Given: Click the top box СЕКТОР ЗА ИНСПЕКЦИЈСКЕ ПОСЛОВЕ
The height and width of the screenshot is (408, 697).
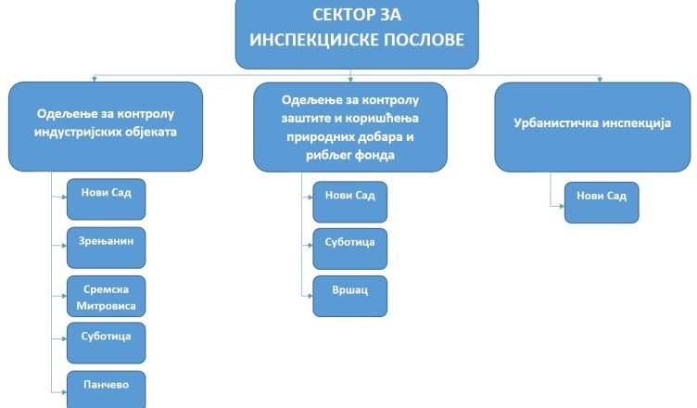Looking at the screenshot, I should [x=357, y=33].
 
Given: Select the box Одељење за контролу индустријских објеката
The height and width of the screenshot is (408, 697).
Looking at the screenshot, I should [x=106, y=126].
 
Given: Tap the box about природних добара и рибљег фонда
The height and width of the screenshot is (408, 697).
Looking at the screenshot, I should [x=349, y=126].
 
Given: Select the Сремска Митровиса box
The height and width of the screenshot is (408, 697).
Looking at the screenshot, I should [x=107, y=296].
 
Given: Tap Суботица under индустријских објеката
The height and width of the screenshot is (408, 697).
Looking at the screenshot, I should [x=107, y=342].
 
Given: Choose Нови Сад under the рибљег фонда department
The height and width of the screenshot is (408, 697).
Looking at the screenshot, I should [x=349, y=201].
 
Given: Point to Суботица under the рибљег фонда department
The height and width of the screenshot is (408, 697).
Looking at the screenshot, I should [x=349, y=248].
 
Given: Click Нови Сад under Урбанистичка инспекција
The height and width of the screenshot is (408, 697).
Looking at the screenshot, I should [x=602, y=201].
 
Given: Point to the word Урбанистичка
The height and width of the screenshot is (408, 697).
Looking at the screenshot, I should [x=554, y=122].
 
